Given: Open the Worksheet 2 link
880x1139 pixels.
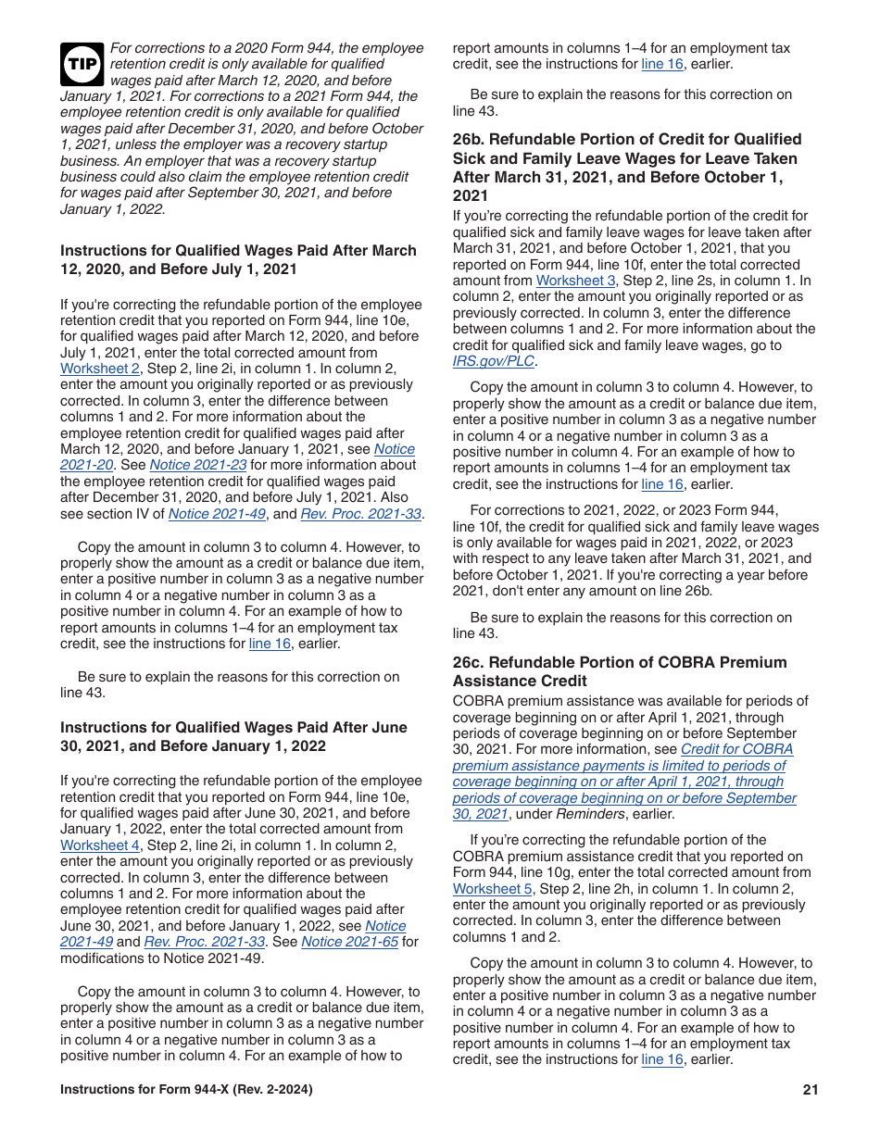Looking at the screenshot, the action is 99,369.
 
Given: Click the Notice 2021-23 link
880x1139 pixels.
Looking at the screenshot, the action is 197,465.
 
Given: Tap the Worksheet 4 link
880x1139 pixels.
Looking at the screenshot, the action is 99,845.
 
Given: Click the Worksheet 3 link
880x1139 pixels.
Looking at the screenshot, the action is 575,281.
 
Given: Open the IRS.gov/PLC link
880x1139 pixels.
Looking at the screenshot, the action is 493,361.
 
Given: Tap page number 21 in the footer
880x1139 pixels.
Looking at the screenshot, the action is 811,1090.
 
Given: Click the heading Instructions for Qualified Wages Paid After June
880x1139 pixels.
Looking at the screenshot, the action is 233,728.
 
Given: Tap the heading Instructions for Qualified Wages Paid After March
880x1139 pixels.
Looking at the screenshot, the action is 238,251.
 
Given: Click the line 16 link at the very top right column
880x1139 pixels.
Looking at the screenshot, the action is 661,64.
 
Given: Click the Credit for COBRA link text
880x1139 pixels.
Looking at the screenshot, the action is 736,749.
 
